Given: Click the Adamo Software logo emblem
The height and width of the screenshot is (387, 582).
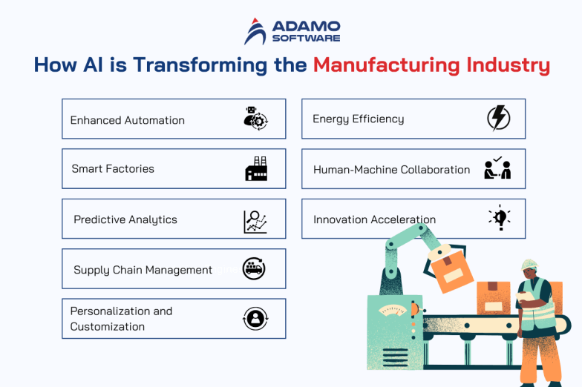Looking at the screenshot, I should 255,31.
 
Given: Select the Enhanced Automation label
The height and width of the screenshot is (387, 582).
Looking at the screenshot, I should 127,120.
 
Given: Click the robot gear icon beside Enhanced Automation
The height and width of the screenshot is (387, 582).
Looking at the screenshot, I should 255,119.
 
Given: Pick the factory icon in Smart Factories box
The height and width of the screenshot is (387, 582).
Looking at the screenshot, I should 255,169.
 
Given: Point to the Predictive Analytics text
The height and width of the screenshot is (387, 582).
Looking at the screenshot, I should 125,219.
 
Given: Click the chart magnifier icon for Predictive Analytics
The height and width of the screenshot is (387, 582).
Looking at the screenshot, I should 255,221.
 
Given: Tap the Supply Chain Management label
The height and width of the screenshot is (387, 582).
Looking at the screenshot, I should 143,270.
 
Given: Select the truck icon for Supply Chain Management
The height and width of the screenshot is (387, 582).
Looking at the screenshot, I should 255,269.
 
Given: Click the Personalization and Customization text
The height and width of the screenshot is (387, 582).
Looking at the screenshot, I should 121,319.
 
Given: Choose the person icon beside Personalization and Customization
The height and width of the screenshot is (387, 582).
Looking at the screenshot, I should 255,319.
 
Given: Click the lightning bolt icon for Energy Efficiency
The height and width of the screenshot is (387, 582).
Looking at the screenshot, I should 498,119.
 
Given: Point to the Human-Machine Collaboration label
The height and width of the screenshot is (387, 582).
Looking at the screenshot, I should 391,170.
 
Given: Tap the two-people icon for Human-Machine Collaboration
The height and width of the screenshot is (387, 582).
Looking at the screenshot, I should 497,169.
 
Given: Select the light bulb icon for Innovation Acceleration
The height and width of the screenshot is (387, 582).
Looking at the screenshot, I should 499,218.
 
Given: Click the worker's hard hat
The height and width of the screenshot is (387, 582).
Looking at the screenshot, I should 529,265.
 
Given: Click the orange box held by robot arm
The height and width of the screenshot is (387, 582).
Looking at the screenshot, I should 452,271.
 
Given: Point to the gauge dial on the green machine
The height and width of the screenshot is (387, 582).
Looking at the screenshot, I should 393,309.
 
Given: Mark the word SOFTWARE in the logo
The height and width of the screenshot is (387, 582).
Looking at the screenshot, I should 306,38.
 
